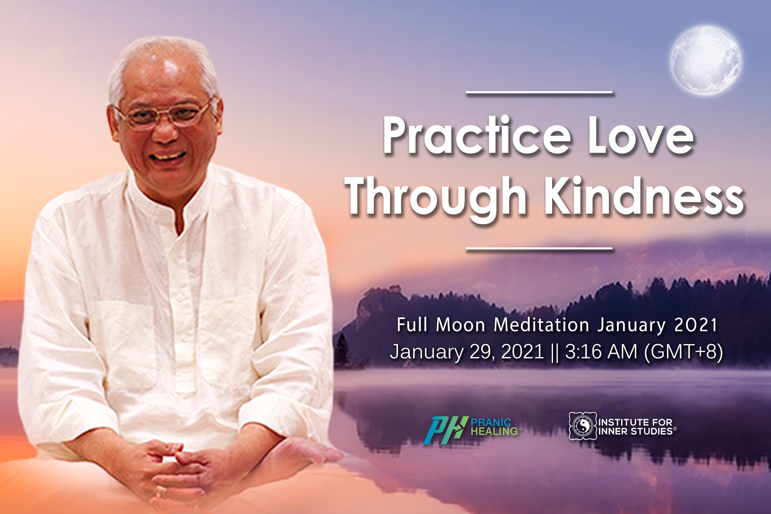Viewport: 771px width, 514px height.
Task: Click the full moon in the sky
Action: point(706,60)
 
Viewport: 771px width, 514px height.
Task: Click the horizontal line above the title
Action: point(539,92)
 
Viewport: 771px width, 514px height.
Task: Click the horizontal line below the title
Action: point(539,249)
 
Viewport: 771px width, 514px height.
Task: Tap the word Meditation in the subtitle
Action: point(541,324)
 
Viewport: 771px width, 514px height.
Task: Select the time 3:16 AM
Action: point(601,352)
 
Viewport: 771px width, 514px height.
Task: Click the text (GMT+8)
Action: point(683,352)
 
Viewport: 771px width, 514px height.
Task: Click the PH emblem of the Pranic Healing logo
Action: point(446,430)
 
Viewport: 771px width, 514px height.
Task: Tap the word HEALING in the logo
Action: point(494,431)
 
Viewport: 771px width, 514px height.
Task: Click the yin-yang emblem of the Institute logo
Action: point(583,426)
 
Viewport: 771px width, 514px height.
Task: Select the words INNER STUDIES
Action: point(636,431)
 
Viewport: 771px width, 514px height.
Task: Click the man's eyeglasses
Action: point(165,114)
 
